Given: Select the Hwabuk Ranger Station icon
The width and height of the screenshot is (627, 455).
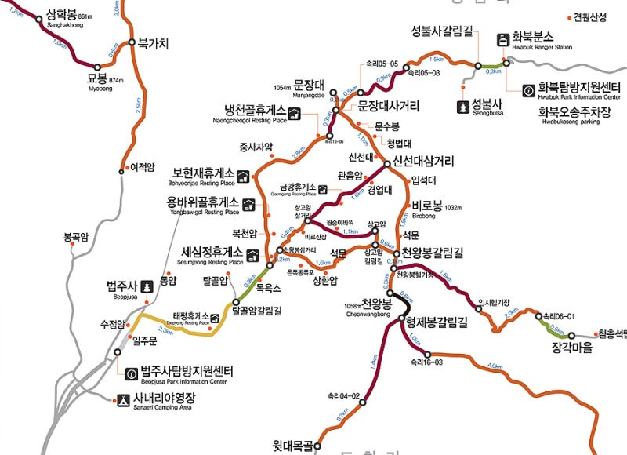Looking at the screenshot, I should pos(502,40).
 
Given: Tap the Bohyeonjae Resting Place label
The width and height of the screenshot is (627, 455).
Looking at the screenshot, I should pos(201,176).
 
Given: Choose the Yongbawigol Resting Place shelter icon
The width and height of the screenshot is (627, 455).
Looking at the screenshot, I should pos(249,205).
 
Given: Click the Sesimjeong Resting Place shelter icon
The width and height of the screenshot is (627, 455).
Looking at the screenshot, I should pos(252,254).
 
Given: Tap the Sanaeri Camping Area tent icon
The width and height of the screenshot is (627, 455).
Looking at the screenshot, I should pos(122,399).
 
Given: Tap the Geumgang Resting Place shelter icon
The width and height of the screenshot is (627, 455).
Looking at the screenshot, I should pos(322,188).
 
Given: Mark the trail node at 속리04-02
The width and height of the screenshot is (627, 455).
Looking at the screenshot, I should pos(363,402).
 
